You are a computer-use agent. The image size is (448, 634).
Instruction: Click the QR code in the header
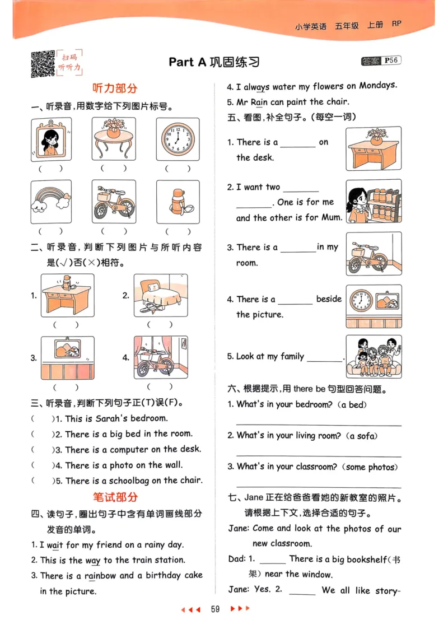click(x=43, y=63)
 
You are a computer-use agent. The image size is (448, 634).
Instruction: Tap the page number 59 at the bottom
click(x=215, y=609)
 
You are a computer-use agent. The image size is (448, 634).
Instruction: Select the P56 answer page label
click(x=391, y=60)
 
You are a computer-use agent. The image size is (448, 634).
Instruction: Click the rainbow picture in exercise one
click(x=51, y=202)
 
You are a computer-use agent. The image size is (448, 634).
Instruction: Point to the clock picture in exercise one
click(x=178, y=139)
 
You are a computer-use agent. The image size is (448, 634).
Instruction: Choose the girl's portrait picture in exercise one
click(x=51, y=139)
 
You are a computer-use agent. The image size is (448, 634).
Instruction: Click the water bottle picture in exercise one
click(x=178, y=202)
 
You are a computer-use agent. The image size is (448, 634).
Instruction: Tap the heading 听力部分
click(x=115, y=88)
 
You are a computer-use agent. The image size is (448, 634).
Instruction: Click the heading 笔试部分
click(x=115, y=497)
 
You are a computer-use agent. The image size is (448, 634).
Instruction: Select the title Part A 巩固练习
click(x=214, y=62)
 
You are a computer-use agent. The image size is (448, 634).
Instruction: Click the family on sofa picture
click(x=374, y=357)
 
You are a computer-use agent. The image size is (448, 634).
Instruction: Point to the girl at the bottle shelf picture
click(x=374, y=201)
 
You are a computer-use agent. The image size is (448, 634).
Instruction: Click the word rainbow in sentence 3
click(x=101, y=575)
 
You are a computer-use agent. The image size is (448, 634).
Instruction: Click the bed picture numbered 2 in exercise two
click(x=161, y=295)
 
